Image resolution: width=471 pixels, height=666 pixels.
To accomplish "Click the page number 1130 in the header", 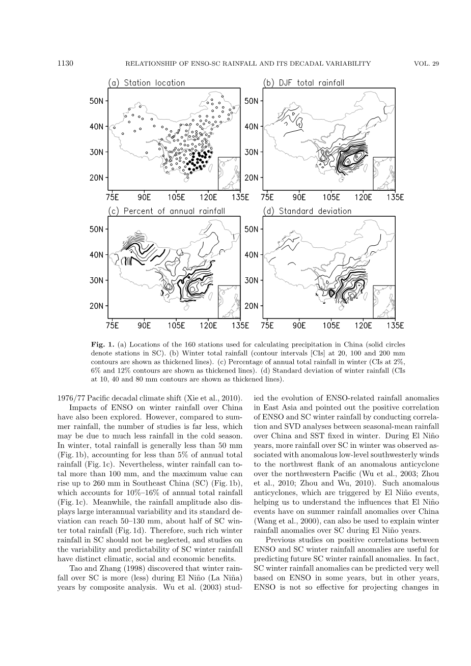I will click(x=66, y=64).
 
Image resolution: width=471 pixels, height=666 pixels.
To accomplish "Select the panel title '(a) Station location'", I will click(x=146, y=83).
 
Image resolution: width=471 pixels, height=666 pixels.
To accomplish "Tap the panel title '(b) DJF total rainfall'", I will click(x=303, y=83).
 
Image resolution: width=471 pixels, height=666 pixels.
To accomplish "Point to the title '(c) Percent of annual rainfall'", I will click(x=166, y=211).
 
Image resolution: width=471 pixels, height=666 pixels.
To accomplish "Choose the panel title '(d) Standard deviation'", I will click(x=307, y=211).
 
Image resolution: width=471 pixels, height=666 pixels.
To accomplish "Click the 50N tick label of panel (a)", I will click(x=97, y=101).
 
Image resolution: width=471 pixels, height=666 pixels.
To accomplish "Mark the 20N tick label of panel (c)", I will click(x=97, y=306).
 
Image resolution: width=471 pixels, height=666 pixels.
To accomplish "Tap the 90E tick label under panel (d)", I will click(x=299, y=325).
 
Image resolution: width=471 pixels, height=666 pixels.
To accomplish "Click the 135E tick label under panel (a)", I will click(x=240, y=197).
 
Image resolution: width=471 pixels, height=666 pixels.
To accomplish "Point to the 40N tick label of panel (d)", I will click(x=252, y=255).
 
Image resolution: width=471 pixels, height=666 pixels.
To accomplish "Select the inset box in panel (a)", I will click(x=229, y=173).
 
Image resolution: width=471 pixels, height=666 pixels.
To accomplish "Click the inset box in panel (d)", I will click(x=384, y=302).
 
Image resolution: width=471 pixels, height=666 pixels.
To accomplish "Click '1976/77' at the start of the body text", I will click(x=71, y=397).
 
